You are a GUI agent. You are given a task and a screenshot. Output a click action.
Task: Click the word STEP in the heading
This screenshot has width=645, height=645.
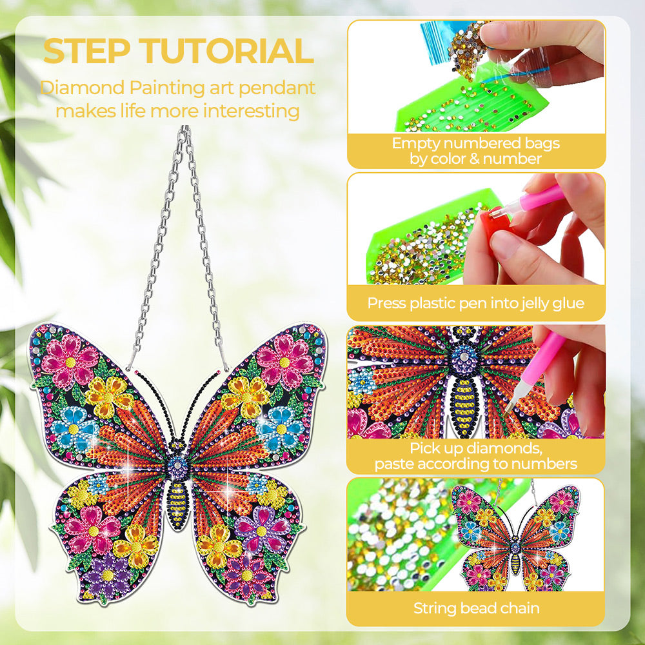86,51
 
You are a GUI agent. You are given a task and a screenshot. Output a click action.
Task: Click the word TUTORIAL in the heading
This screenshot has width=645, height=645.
228,51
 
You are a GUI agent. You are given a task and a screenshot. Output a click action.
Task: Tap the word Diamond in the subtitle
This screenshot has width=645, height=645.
82,88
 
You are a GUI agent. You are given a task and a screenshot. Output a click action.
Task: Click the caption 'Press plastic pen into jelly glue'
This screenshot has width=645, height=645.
476,303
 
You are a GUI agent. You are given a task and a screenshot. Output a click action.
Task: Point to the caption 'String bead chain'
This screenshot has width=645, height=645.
477,608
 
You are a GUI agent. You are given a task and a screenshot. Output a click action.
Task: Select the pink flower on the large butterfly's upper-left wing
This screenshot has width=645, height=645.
70,362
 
